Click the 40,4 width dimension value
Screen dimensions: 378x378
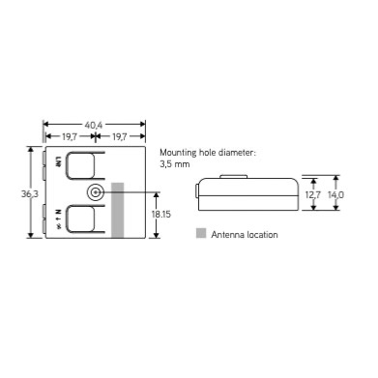(x=94, y=125)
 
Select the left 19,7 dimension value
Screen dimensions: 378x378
(x=70, y=136)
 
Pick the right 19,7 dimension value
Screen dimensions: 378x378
(x=119, y=136)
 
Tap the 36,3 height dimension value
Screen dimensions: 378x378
(x=30, y=194)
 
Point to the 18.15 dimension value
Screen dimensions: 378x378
(x=161, y=215)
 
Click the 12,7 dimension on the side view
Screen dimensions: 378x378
(x=313, y=195)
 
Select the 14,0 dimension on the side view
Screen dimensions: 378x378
(x=335, y=195)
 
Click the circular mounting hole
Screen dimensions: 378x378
(x=95, y=192)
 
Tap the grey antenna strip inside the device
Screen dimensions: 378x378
(x=118, y=211)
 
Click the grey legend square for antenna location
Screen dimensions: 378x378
(x=201, y=233)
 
